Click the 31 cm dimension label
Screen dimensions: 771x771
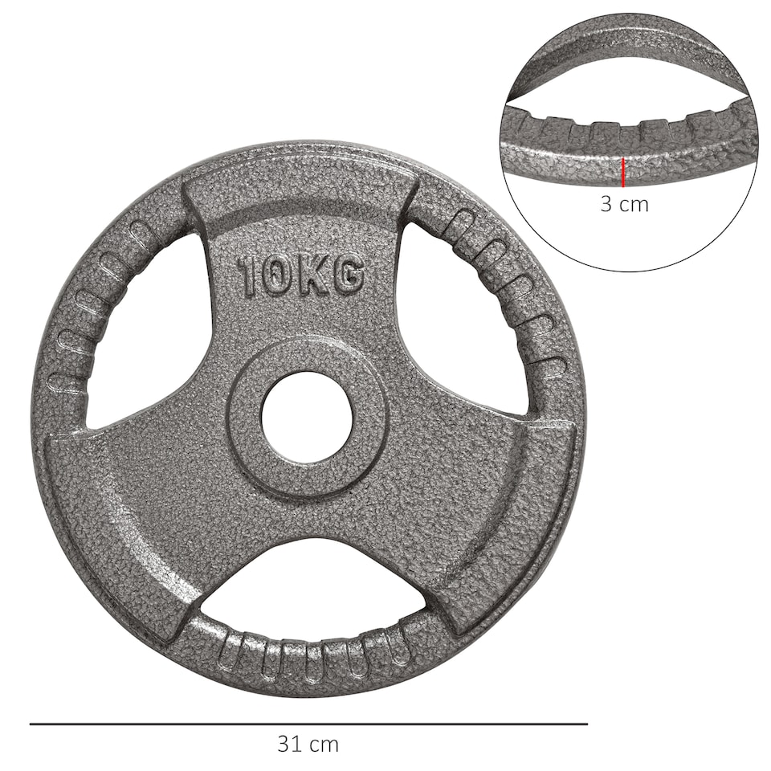point(308,744)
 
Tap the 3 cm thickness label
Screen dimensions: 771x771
point(624,204)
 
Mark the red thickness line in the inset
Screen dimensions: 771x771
point(623,172)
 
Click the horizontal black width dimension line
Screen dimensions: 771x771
point(308,724)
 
